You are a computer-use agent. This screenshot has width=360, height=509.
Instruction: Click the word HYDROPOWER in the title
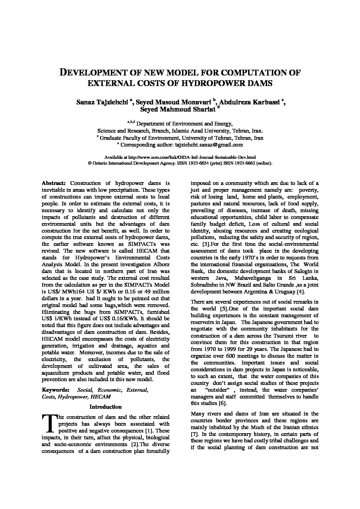pos(214,83)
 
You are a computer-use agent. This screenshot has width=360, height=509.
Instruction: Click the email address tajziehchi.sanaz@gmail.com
pos(209,145)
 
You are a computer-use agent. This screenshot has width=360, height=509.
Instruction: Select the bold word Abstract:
pos(53,183)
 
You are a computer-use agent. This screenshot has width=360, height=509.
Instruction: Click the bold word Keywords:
pos(55,390)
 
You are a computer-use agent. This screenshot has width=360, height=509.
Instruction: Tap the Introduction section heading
pos(105,407)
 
